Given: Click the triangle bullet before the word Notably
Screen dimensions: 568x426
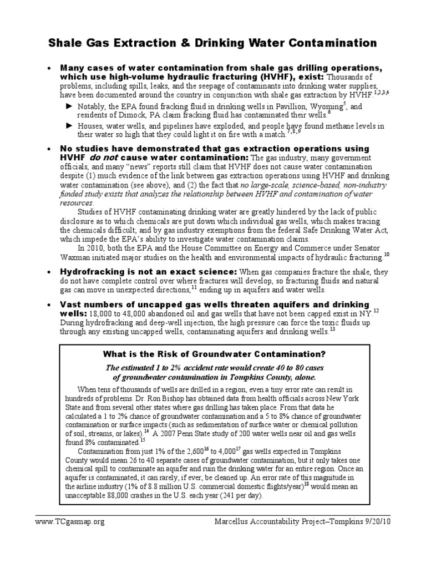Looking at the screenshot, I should (69, 105).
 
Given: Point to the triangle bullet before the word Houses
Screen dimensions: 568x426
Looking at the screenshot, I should (69, 126).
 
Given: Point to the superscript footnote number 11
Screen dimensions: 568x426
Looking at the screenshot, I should (194, 287).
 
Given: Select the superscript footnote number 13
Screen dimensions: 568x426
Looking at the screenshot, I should (333, 329).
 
